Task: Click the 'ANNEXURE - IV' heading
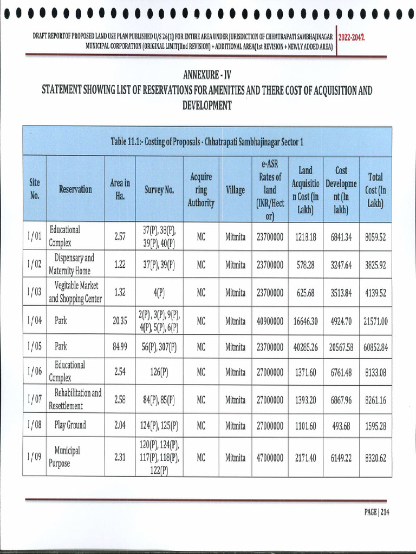[207, 74]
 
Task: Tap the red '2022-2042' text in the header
[351, 37]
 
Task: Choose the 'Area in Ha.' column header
[120, 189]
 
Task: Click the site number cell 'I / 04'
[34, 320]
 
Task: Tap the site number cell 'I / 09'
[34, 457]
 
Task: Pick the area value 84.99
[120, 347]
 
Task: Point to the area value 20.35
[120, 320]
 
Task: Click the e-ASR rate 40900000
[270, 321]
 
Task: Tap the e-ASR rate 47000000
[270, 458]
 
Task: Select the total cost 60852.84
[376, 347]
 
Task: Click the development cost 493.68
[341, 426]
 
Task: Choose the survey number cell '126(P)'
[159, 372]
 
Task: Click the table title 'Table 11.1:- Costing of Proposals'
[207, 142]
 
